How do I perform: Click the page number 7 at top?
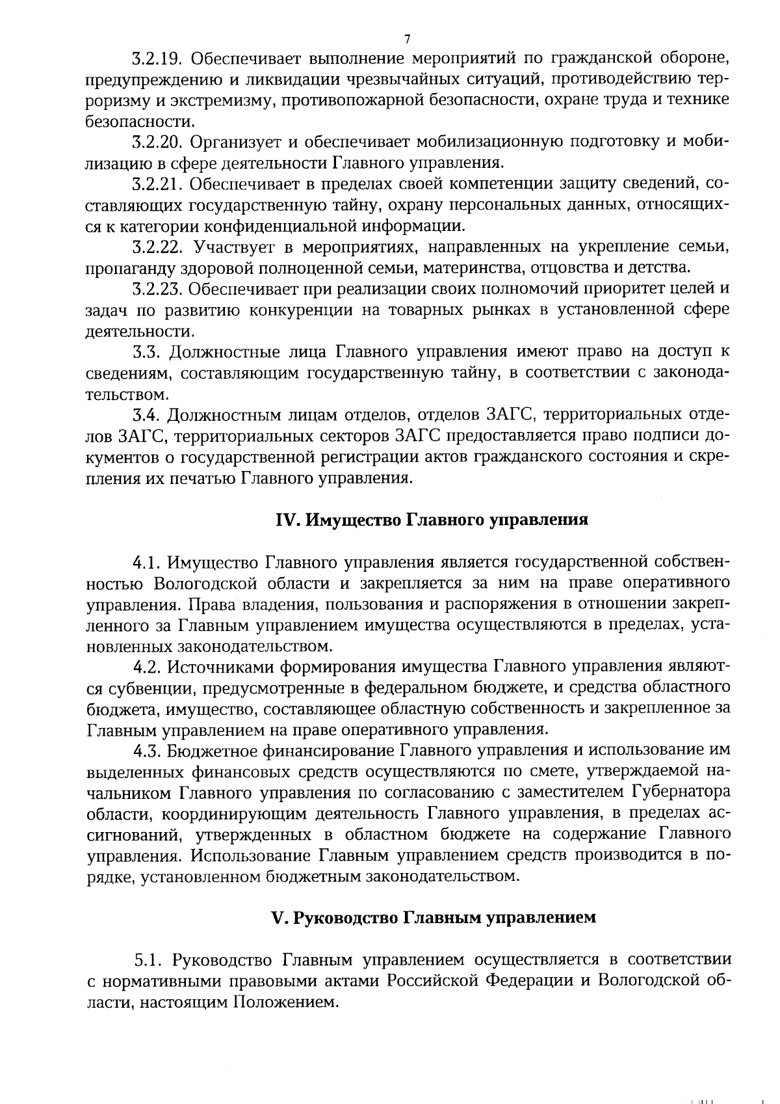click(407, 39)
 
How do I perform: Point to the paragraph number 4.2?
click(146, 667)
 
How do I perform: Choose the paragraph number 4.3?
click(146, 751)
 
